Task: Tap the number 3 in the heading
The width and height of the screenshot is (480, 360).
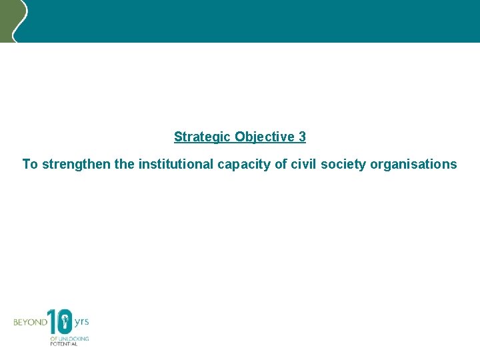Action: point(302,137)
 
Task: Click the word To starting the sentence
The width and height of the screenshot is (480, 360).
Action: point(30,164)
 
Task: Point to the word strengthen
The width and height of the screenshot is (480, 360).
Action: point(77,164)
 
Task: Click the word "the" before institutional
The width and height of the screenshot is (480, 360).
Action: point(125,164)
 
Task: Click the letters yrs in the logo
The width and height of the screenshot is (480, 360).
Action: point(81,321)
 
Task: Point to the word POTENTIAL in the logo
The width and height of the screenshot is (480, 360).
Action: point(64,344)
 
